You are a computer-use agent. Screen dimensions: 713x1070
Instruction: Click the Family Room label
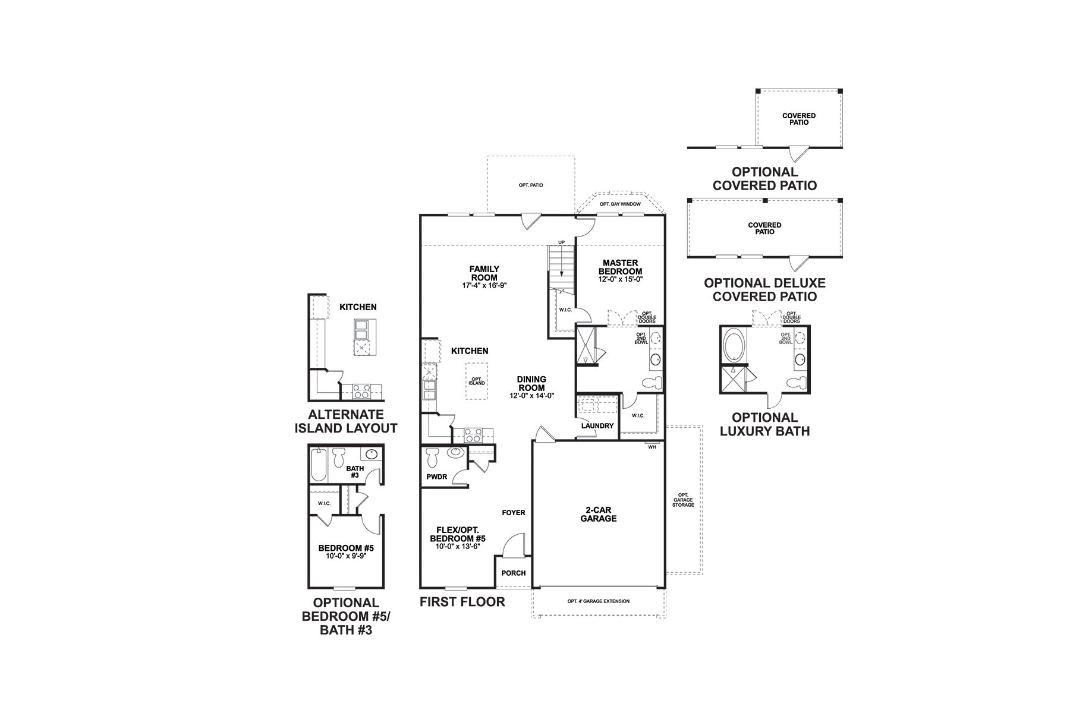484,273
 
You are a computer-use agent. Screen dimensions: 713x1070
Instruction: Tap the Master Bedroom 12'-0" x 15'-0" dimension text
620,279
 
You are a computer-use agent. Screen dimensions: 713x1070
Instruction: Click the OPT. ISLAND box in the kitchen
477,381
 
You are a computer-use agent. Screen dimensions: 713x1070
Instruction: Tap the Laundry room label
597,426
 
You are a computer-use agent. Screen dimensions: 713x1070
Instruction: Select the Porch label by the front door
514,573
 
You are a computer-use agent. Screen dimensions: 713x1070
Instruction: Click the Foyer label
514,513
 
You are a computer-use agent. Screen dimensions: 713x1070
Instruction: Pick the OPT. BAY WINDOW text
620,204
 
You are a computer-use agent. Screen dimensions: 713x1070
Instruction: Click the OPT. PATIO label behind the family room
531,185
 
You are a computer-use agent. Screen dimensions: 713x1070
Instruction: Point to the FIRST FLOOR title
462,601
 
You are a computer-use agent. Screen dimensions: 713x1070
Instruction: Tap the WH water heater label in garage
652,447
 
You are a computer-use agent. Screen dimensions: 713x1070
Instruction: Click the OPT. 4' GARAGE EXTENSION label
598,601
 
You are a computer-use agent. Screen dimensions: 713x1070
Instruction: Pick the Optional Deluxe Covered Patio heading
764,290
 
